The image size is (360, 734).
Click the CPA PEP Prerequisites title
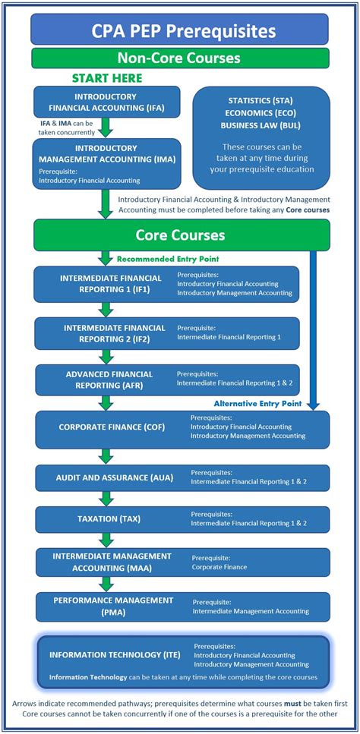[x=179, y=31]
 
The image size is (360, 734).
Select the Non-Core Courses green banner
[x=179, y=58]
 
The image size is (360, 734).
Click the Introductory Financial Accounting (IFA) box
[x=106, y=102]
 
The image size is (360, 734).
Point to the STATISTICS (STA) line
[x=261, y=99]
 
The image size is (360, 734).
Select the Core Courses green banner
[x=179, y=235]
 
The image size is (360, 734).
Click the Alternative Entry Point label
[x=257, y=403]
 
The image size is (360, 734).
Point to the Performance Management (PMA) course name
[x=113, y=605]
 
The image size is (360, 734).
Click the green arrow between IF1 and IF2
[x=106, y=309]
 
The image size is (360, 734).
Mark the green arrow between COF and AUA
[x=106, y=455]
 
